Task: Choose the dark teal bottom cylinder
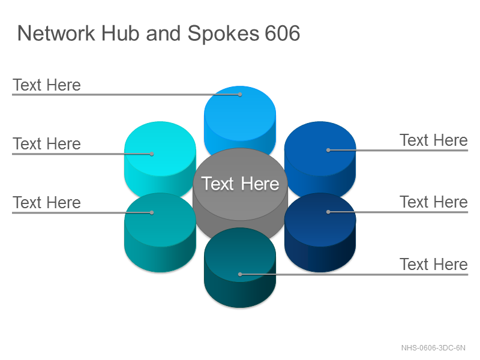(x=240, y=268)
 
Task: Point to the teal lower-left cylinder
(x=160, y=233)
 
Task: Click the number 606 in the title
(x=282, y=33)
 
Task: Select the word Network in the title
(x=56, y=33)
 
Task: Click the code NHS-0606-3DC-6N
(x=433, y=348)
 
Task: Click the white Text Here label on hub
(x=241, y=184)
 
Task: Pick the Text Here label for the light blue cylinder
(x=47, y=85)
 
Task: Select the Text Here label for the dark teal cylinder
(x=434, y=264)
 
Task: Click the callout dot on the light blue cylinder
(x=240, y=95)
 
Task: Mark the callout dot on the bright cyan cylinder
(x=152, y=154)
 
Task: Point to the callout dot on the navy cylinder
(x=328, y=212)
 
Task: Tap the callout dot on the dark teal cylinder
(x=240, y=274)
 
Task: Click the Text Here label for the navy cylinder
(x=434, y=202)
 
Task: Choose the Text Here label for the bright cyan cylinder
(x=47, y=143)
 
